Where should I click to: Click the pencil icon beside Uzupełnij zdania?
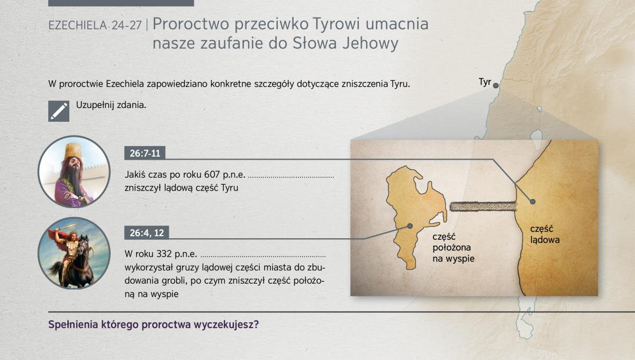(x=59, y=111)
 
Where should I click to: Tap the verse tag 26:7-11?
(x=145, y=153)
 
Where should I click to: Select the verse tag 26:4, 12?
(x=147, y=233)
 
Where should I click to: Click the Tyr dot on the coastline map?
(x=495, y=85)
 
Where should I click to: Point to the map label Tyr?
(x=485, y=82)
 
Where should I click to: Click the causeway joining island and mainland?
(x=483, y=206)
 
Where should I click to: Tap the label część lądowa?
(x=545, y=235)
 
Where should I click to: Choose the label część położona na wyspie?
(x=453, y=248)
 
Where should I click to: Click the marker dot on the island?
(x=410, y=226)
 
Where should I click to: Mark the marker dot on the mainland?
(x=533, y=201)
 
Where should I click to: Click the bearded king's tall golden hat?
(x=73, y=151)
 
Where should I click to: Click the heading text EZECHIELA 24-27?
(x=95, y=25)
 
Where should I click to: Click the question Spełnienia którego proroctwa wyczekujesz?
(x=153, y=325)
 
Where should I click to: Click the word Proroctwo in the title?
(x=191, y=24)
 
